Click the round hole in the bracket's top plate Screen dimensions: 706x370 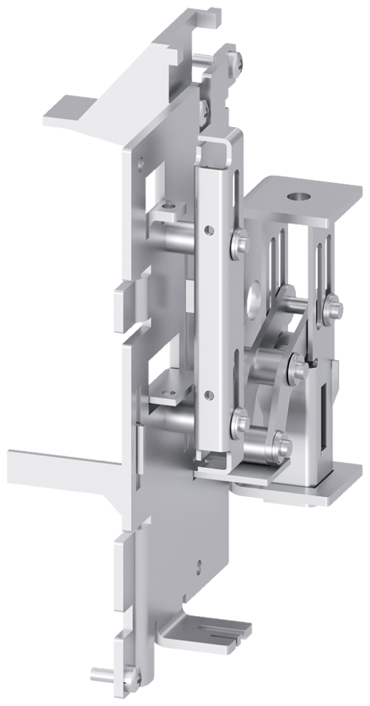[297, 196]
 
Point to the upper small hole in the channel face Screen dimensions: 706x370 [209, 231]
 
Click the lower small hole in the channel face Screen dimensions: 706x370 [209, 395]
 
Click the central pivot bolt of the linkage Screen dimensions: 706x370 [295, 367]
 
